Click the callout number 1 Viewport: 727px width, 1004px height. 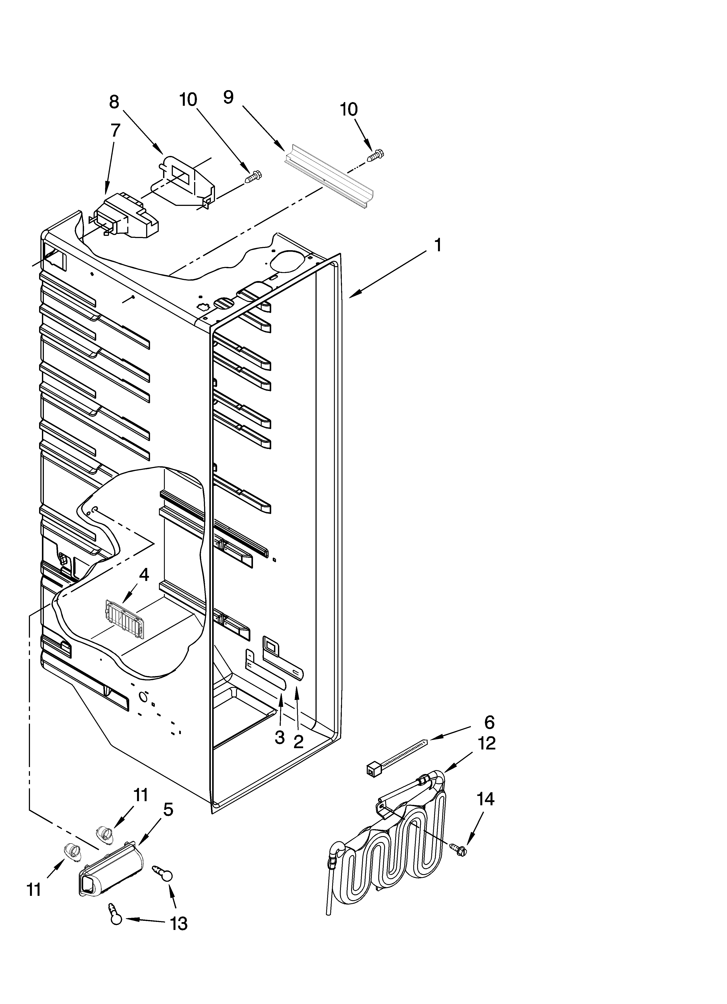[438, 245]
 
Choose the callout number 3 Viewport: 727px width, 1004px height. [279, 737]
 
